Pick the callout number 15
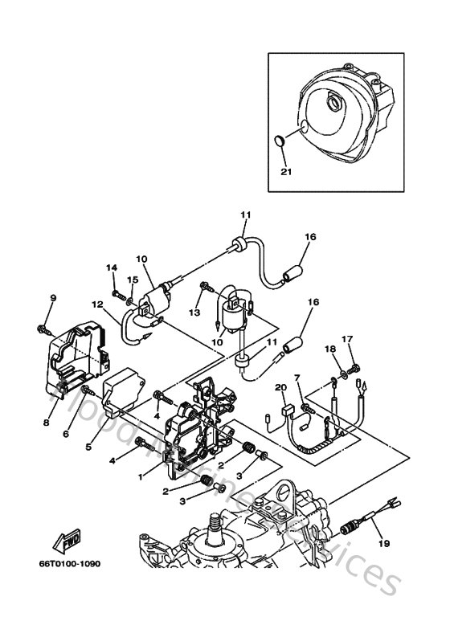tap(133, 280)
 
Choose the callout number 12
tap(96, 304)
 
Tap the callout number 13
tap(194, 312)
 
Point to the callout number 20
tap(280, 388)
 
